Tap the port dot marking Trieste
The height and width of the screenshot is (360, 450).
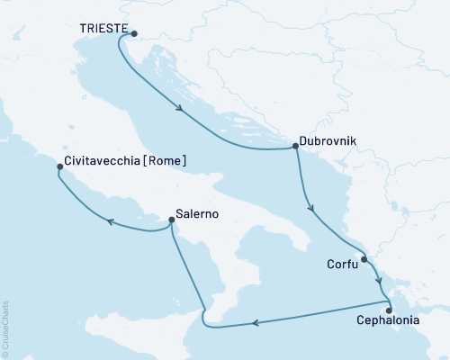tap(134, 35)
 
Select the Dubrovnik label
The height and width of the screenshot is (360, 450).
tap(327, 143)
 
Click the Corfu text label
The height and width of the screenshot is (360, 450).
tap(340, 265)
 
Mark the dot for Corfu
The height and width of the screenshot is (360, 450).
tap(364, 260)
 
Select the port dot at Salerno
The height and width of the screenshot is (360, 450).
tap(171, 219)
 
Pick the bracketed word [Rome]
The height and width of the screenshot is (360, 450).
tap(169, 162)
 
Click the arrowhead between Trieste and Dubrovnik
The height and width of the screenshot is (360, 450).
tap(182, 111)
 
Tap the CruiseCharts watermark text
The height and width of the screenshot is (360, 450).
tap(4, 329)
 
